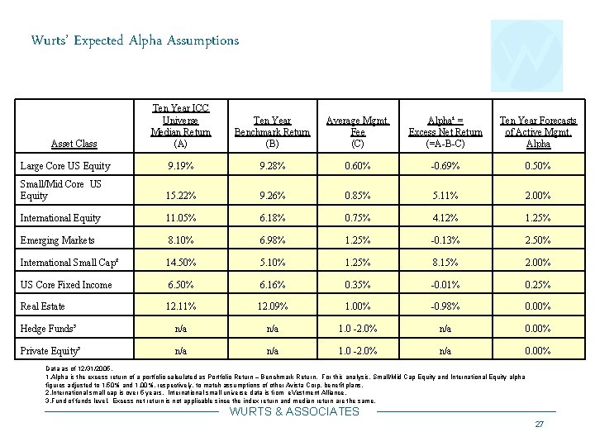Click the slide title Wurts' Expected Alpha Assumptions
tap(135, 40)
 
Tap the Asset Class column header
tap(74, 144)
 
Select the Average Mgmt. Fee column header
tap(357, 132)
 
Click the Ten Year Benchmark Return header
tap(272, 132)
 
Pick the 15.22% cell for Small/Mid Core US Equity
tap(179, 196)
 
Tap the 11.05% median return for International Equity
tap(179, 218)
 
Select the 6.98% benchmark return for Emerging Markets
tap(272, 240)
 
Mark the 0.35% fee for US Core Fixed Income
tap(357, 285)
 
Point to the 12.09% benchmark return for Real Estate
tap(272, 306)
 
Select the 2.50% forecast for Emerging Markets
tap(539, 240)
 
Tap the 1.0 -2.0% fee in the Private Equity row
tap(357, 350)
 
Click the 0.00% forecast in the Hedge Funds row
tap(539, 328)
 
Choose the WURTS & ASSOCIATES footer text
tap(294, 411)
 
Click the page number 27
tap(539, 425)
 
